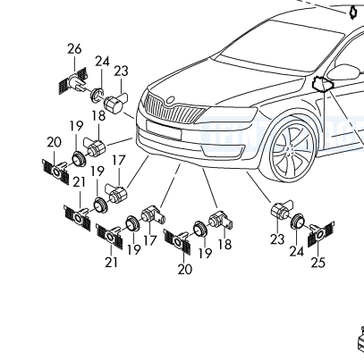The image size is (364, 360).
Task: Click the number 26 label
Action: (x=74, y=49)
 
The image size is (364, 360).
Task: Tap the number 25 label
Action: (x=317, y=263)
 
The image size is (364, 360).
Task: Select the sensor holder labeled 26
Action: (x=73, y=81)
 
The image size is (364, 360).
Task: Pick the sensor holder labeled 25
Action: (x=321, y=233)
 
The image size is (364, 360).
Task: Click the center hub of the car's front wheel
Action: (x=288, y=150)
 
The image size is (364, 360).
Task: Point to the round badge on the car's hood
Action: (x=171, y=100)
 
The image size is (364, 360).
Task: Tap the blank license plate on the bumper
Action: (x=164, y=130)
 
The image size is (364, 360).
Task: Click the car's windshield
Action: (x=280, y=45)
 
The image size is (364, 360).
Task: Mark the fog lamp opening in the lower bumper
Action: (x=223, y=150)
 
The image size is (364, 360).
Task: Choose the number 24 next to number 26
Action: (x=102, y=62)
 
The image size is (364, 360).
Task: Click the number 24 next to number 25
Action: (x=297, y=252)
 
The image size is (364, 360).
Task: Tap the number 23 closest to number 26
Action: (x=121, y=71)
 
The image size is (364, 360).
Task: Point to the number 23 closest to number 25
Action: (x=277, y=239)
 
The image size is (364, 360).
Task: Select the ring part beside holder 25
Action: (x=297, y=221)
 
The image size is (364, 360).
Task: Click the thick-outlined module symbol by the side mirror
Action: (x=322, y=84)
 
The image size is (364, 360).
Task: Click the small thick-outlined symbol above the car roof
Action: (x=353, y=12)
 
